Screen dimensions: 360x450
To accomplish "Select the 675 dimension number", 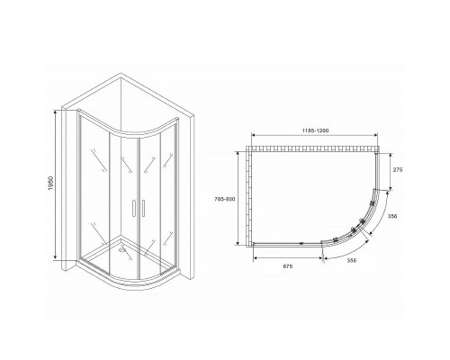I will point(288,267).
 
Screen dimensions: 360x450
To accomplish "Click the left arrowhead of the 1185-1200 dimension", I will point(254,137).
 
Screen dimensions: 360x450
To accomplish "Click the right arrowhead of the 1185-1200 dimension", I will point(373,137).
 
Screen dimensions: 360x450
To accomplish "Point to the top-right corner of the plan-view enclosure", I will point(372,152).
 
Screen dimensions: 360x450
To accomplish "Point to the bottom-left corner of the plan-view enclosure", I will point(255,244).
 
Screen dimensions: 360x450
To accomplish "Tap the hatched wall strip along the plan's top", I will point(312,147).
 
